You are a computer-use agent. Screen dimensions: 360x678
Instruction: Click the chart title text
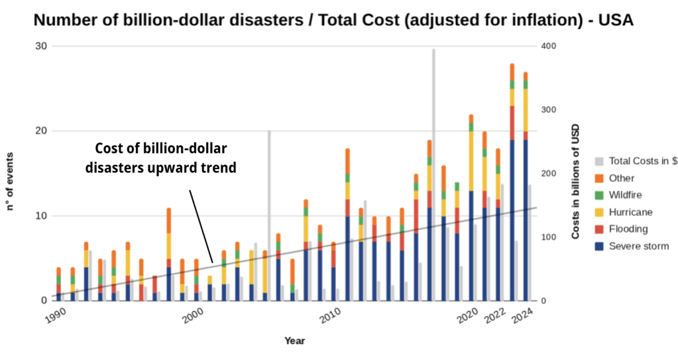click(333, 21)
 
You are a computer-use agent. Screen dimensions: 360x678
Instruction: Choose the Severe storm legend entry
click(638, 246)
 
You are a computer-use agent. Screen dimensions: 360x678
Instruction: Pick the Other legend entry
click(622, 178)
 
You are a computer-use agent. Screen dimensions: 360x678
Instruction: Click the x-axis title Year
click(294, 341)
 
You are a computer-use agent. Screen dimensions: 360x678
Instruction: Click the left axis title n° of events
click(11, 181)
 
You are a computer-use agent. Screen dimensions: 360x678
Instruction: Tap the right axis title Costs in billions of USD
click(576, 180)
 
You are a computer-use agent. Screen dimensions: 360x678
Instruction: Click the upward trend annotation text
click(161, 158)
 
